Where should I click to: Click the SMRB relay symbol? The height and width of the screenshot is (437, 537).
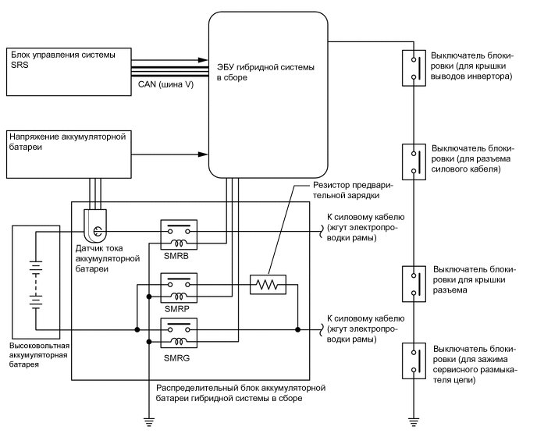pyautogui.click(x=179, y=232)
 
